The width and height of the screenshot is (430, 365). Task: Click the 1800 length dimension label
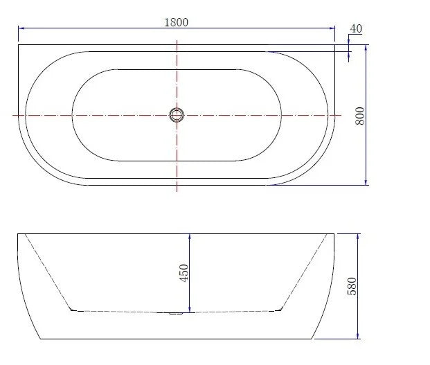[176, 21]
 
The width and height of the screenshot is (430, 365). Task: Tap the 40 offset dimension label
[356, 28]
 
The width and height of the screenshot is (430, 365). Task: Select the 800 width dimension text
[360, 116]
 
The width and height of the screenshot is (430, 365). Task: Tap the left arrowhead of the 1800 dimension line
[21, 28]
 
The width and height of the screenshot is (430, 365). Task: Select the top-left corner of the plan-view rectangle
[18, 45]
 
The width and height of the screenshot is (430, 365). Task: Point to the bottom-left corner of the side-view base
[42, 339]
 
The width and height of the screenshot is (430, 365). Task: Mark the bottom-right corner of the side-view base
[312, 339]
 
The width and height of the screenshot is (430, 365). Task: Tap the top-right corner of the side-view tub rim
[335, 234]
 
